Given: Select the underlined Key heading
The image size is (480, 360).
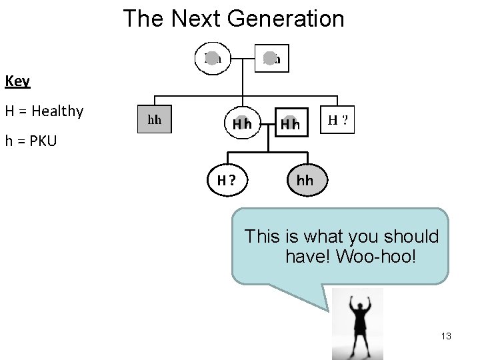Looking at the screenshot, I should click(17, 81).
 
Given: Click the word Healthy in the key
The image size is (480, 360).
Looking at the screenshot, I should click(57, 111).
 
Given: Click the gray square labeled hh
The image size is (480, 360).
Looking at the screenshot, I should click(155, 120).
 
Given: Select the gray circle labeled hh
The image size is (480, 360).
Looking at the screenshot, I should click(305, 180).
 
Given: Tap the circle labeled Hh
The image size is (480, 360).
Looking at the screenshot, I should click(241, 123).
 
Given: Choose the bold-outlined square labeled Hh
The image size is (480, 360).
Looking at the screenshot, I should click(291, 123).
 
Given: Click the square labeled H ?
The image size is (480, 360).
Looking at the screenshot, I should click(337, 121).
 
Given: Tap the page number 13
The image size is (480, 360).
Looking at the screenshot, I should click(446, 336).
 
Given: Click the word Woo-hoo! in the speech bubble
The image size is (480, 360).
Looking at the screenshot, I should click(376, 256).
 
